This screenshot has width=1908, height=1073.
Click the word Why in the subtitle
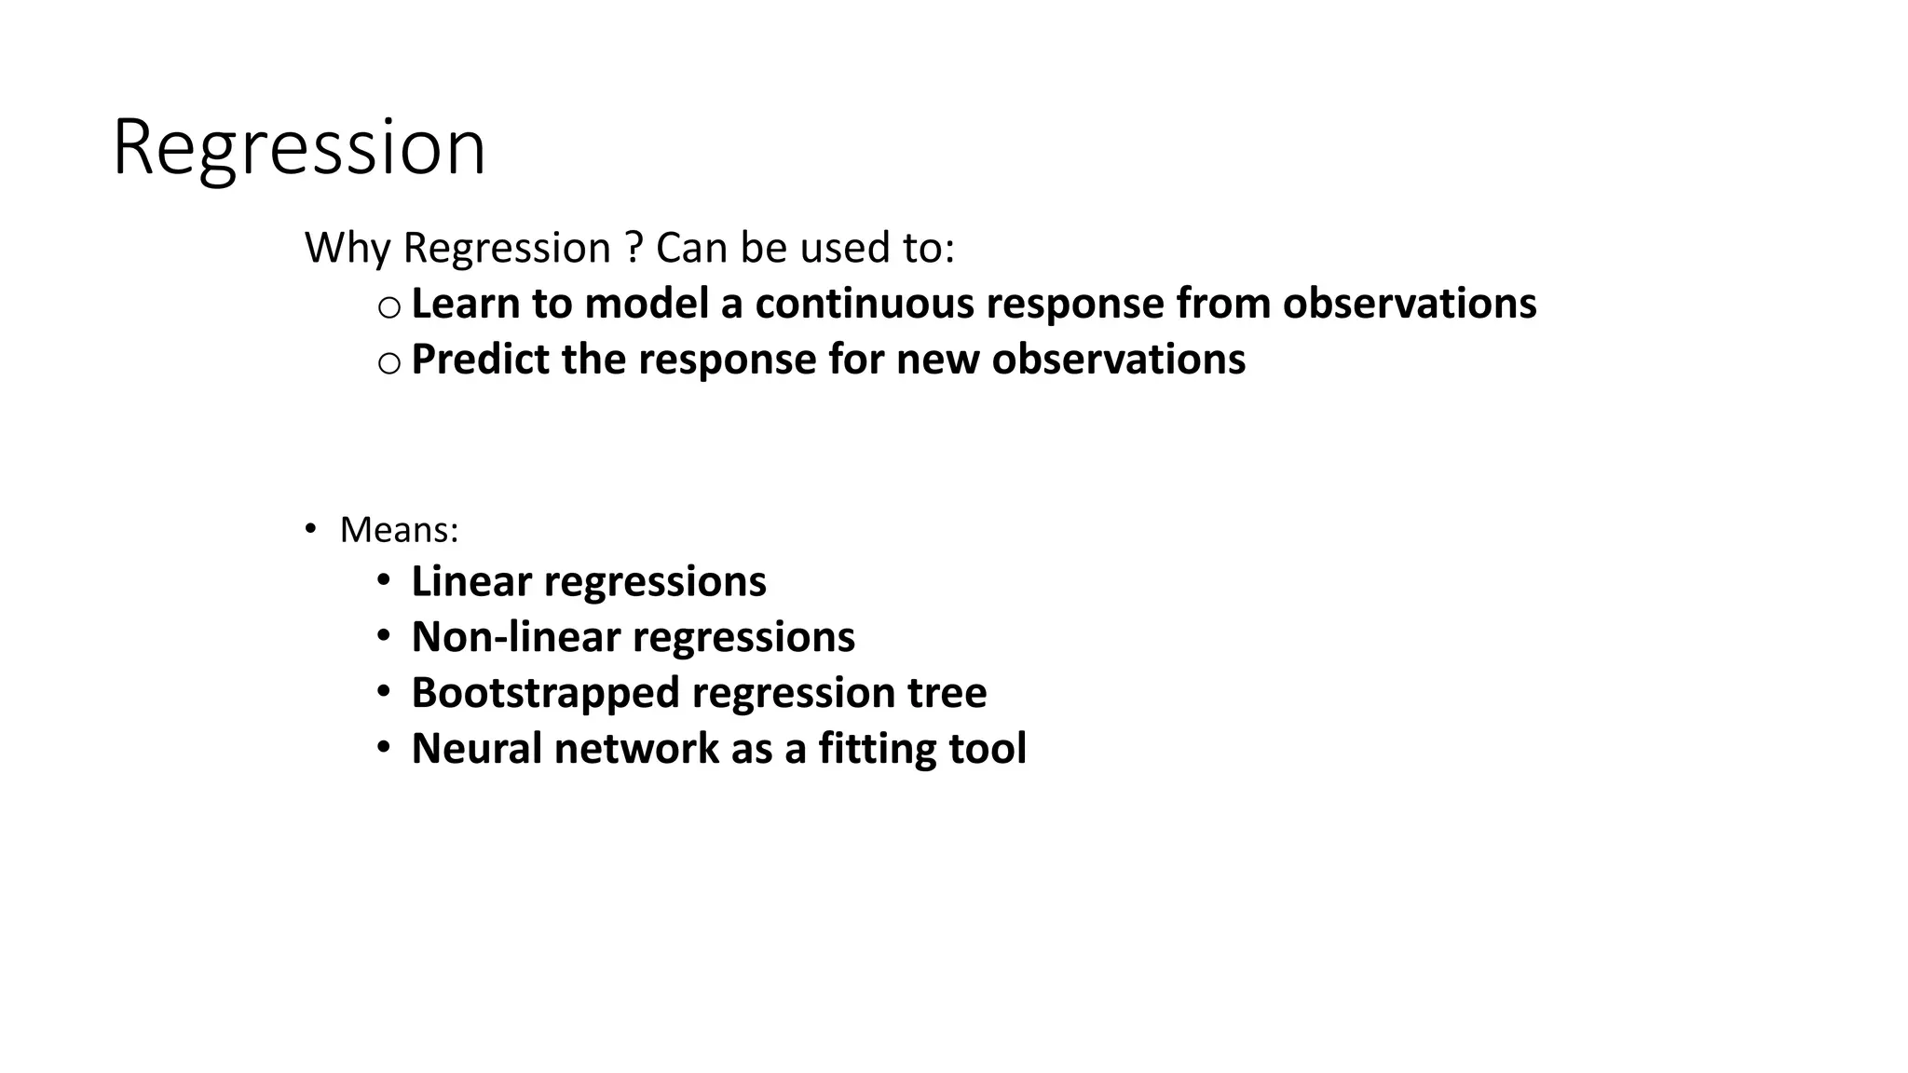[x=347, y=249]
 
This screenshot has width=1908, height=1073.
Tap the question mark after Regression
[x=634, y=248]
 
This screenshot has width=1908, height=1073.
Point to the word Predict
[x=479, y=360]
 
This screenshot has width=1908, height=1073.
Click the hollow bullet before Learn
[x=388, y=307]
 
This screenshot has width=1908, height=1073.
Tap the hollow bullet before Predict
[x=388, y=363]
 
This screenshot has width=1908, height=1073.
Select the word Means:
[x=399, y=530]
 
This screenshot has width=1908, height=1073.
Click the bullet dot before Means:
[x=310, y=529]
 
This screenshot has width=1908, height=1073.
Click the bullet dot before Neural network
[x=384, y=748]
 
